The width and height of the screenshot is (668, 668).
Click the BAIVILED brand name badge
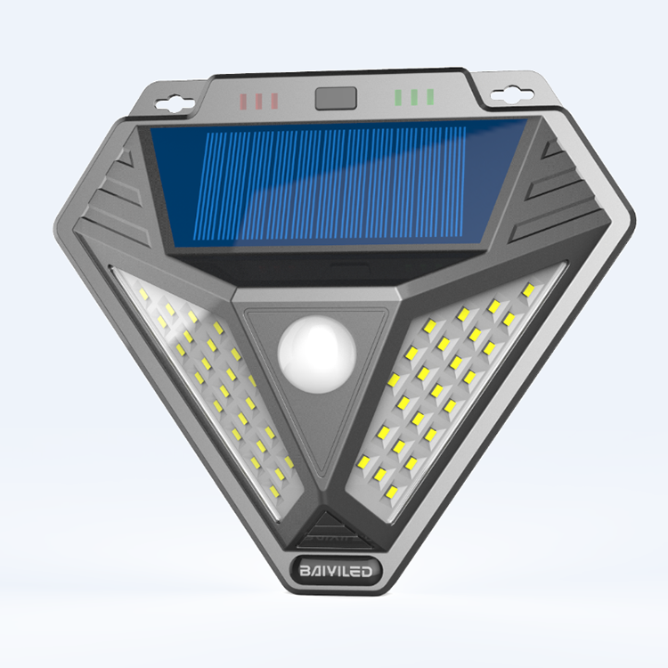pyautogui.click(x=334, y=566)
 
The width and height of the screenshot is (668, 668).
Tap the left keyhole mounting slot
pyautogui.click(x=175, y=102)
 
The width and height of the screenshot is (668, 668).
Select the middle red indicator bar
pyautogui.click(x=260, y=101)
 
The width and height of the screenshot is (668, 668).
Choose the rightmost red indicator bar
pyautogui.click(x=274, y=101)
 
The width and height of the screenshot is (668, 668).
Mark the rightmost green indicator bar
pyautogui.click(x=430, y=96)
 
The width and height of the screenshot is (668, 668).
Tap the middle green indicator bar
pyautogui.click(x=416, y=96)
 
